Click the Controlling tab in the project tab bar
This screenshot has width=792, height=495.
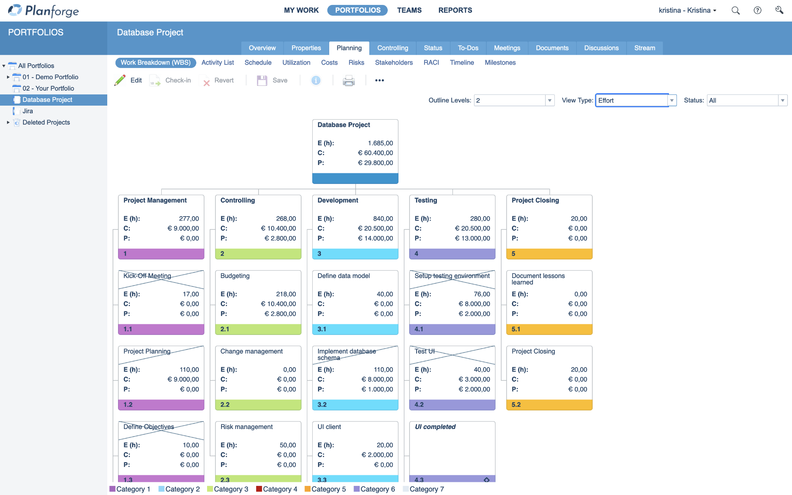point(392,48)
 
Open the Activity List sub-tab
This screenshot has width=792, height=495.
point(217,63)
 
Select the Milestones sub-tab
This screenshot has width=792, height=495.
point(500,63)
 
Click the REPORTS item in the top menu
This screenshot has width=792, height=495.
point(455,10)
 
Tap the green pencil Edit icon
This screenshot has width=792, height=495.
point(120,80)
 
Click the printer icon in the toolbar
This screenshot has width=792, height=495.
point(349,81)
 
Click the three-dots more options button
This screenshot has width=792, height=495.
point(379,80)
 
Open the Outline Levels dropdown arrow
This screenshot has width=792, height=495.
point(549,101)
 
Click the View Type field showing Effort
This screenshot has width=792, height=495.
point(631,101)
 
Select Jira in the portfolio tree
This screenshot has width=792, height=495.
point(28,111)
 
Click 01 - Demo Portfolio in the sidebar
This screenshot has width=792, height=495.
point(50,77)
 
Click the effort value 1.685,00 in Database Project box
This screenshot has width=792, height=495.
point(380,143)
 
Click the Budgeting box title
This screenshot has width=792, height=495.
point(235,276)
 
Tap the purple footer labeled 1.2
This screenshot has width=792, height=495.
point(161,405)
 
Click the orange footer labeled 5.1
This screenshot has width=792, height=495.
point(549,329)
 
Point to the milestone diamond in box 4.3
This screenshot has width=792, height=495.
point(487,480)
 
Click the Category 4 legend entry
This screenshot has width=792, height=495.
point(280,489)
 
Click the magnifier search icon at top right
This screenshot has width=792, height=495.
point(735,11)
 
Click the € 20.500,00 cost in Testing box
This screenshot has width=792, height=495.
point(472,229)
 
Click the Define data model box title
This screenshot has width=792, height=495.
point(344,276)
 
